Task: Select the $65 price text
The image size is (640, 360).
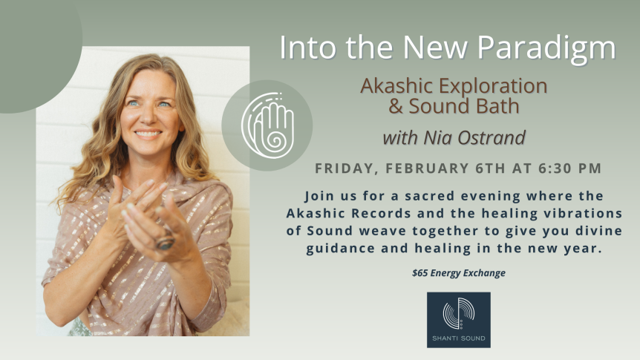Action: click(x=422, y=273)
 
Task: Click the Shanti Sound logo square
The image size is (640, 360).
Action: click(x=458, y=319)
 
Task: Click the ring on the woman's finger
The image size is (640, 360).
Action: click(x=165, y=241)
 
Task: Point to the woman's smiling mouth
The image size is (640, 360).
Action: click(x=148, y=134)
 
